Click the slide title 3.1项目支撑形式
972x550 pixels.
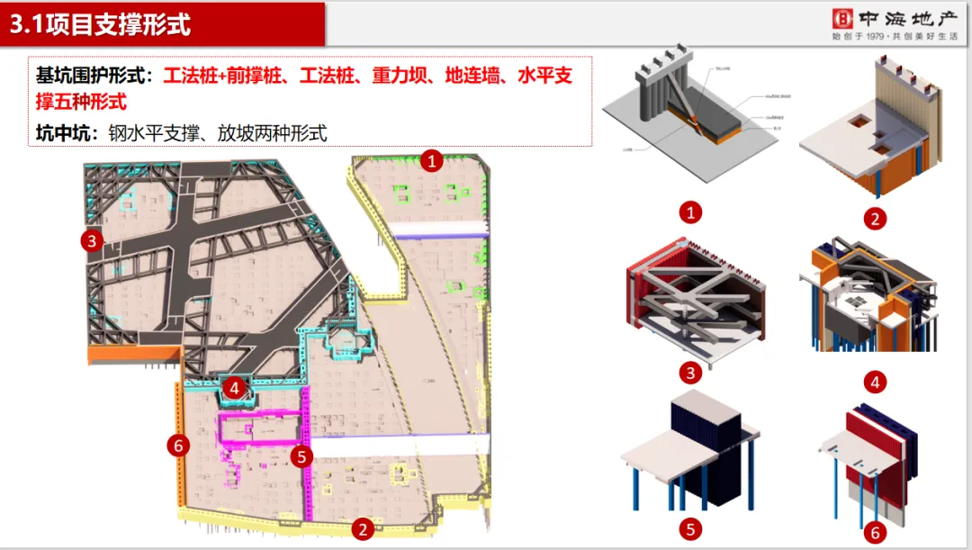[101, 24]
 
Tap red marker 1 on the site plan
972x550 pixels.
[433, 161]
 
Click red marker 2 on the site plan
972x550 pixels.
[362, 529]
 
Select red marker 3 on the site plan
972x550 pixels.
[91, 240]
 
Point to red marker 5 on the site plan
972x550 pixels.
[302, 456]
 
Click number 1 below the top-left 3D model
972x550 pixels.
[690, 212]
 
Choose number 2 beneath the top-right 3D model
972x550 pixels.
[875, 218]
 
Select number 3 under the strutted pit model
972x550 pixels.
[691, 372]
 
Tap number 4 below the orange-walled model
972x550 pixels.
[875, 383]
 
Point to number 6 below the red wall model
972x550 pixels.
[873, 533]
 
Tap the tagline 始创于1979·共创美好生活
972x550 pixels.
[895, 37]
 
